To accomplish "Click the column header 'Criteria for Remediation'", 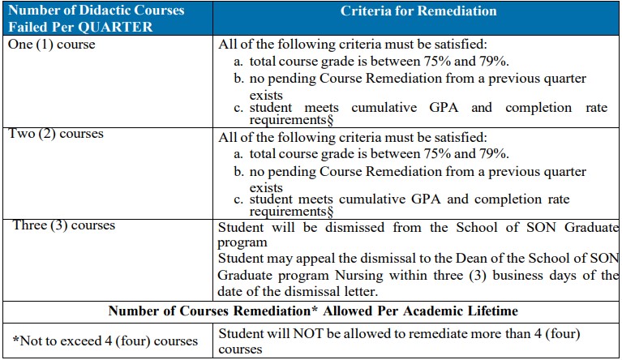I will (418, 11).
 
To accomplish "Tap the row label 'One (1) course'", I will (51, 44).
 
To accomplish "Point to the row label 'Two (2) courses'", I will (55, 133).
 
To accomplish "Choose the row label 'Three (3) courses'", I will (64, 225).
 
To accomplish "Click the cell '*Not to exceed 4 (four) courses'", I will (105, 341).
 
